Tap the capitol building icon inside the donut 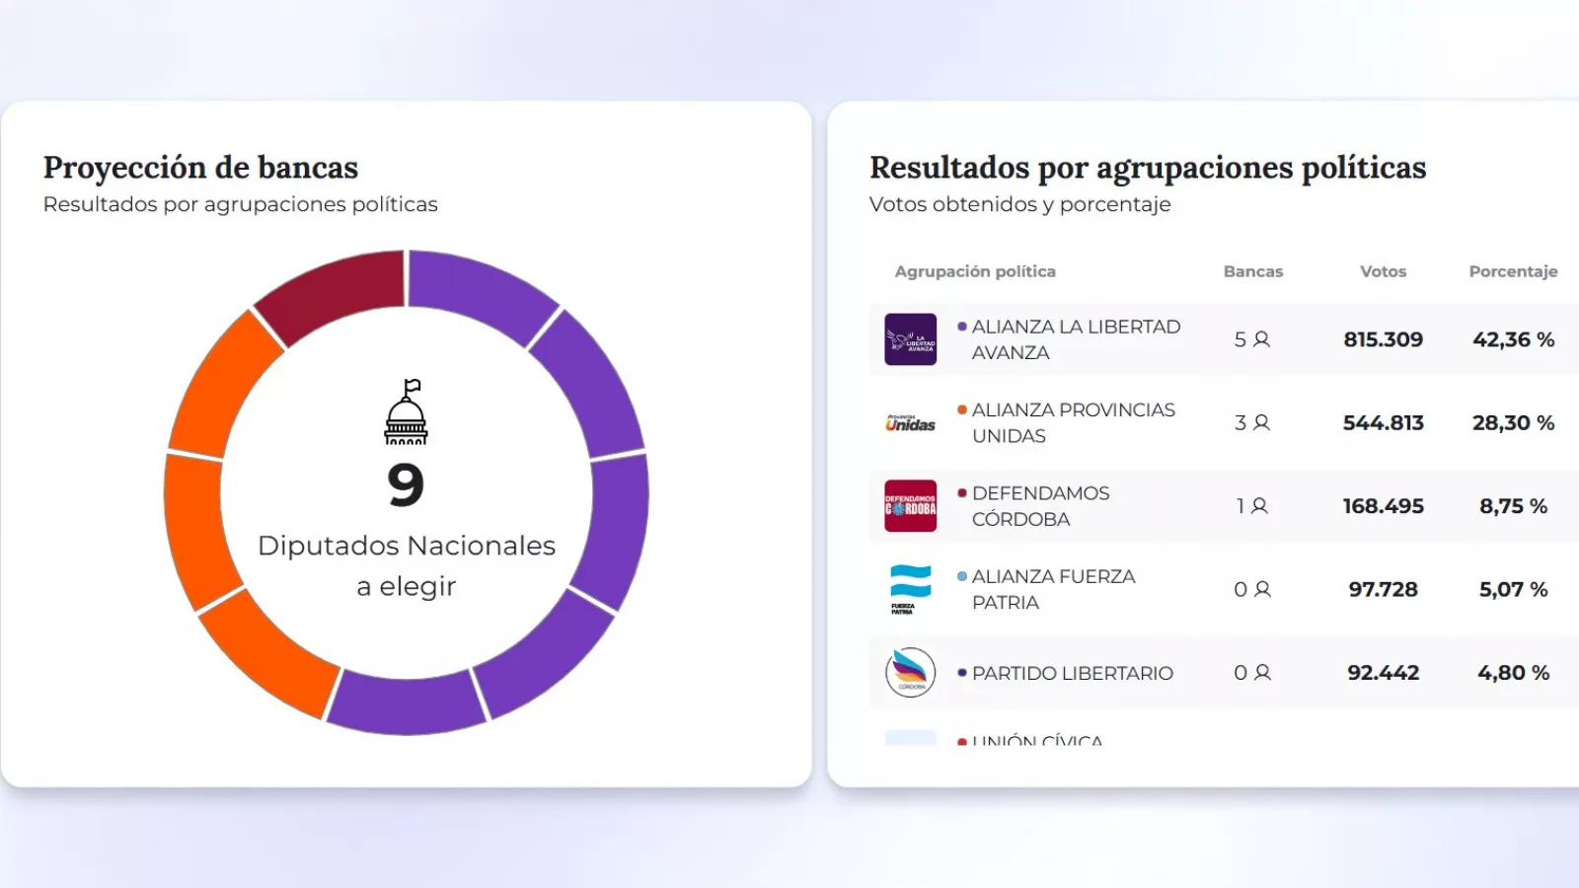tap(407, 412)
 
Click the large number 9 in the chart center tap(406, 484)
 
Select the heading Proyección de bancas tap(200, 168)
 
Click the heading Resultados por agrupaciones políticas tap(1147, 168)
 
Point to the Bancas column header tap(1252, 271)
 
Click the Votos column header tap(1383, 271)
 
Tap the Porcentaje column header tap(1512, 271)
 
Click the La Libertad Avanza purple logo tap(910, 339)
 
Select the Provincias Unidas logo tap(910, 423)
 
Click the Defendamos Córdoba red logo tap(910, 506)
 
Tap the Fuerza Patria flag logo tap(910, 589)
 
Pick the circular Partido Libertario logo tap(910, 673)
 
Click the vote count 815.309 tap(1383, 339)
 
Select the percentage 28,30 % tap(1513, 423)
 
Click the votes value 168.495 tap(1383, 506)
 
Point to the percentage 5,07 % tap(1513, 590)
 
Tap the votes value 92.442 tap(1383, 673)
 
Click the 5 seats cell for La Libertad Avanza tap(1251, 339)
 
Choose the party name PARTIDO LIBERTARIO tap(1072, 673)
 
